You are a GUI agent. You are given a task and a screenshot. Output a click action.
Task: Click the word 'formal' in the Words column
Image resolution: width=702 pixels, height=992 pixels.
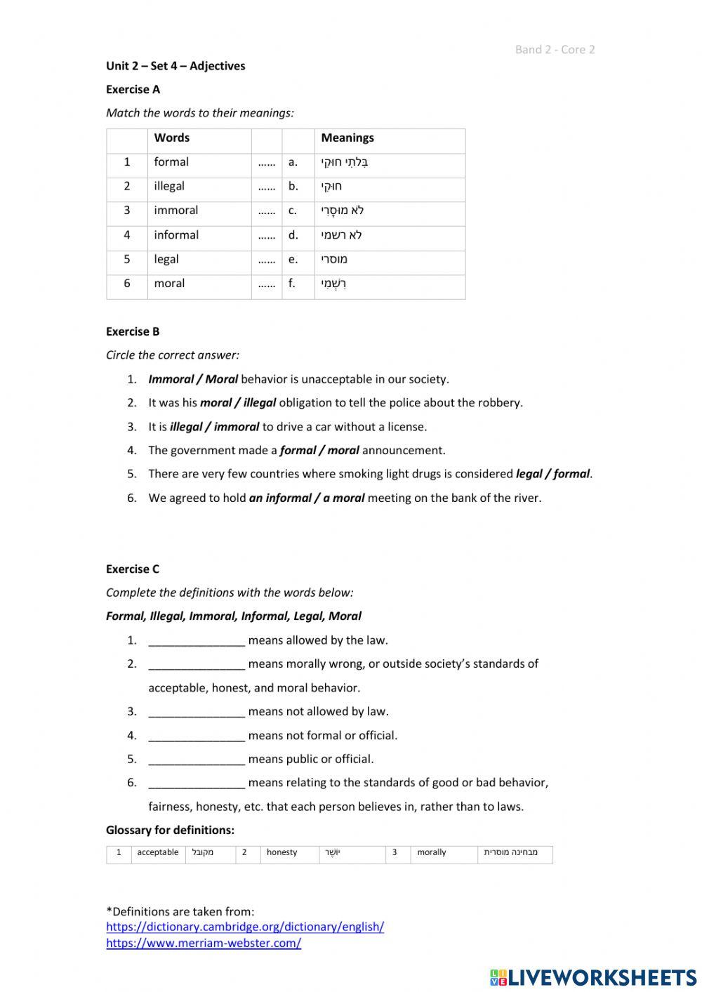coord(171,162)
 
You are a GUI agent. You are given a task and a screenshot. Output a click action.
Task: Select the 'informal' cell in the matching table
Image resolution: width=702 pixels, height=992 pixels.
coord(176,235)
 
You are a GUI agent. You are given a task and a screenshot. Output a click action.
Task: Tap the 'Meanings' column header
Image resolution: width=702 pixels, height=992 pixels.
coord(347,138)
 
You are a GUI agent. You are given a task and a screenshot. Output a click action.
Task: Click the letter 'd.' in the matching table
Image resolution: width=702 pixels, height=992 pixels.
coord(293,235)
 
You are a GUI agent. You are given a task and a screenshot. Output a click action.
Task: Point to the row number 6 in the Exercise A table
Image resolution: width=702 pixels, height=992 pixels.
coord(127,284)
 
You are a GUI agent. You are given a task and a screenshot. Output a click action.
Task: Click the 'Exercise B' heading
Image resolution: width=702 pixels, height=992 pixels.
coord(133,331)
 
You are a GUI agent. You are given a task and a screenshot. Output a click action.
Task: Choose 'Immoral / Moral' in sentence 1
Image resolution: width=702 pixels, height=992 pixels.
coord(193,379)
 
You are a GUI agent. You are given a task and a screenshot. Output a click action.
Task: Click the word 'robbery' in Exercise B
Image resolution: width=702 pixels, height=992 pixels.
coord(500,403)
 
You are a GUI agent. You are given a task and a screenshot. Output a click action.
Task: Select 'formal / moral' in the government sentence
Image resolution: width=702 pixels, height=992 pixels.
coord(319,451)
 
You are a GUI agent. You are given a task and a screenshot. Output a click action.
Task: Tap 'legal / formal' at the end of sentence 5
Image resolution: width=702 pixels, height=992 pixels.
coord(552,474)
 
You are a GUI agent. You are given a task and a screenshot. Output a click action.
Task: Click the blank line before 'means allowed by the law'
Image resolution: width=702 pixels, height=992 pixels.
coord(197,641)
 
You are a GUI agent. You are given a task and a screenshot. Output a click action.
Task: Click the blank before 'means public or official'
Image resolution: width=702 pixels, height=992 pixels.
coord(197,760)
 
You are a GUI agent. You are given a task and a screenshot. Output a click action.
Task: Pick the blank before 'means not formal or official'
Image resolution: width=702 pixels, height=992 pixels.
coord(197,736)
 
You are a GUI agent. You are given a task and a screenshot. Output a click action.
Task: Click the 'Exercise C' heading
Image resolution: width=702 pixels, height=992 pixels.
coord(133,569)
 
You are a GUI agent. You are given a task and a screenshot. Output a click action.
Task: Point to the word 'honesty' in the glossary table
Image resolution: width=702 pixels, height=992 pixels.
coord(282,852)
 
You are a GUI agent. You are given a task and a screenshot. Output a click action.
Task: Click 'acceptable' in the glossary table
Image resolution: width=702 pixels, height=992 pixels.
coord(158,852)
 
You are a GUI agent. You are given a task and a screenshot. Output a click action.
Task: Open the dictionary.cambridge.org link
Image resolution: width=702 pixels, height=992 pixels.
coord(245,927)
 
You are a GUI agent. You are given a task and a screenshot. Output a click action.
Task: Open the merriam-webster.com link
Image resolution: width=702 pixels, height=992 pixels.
coord(204,944)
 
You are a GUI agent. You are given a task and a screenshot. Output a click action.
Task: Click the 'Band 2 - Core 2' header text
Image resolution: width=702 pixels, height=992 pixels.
coord(555,49)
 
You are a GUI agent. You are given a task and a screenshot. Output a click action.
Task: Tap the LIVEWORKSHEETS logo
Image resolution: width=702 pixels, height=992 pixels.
coord(593,977)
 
